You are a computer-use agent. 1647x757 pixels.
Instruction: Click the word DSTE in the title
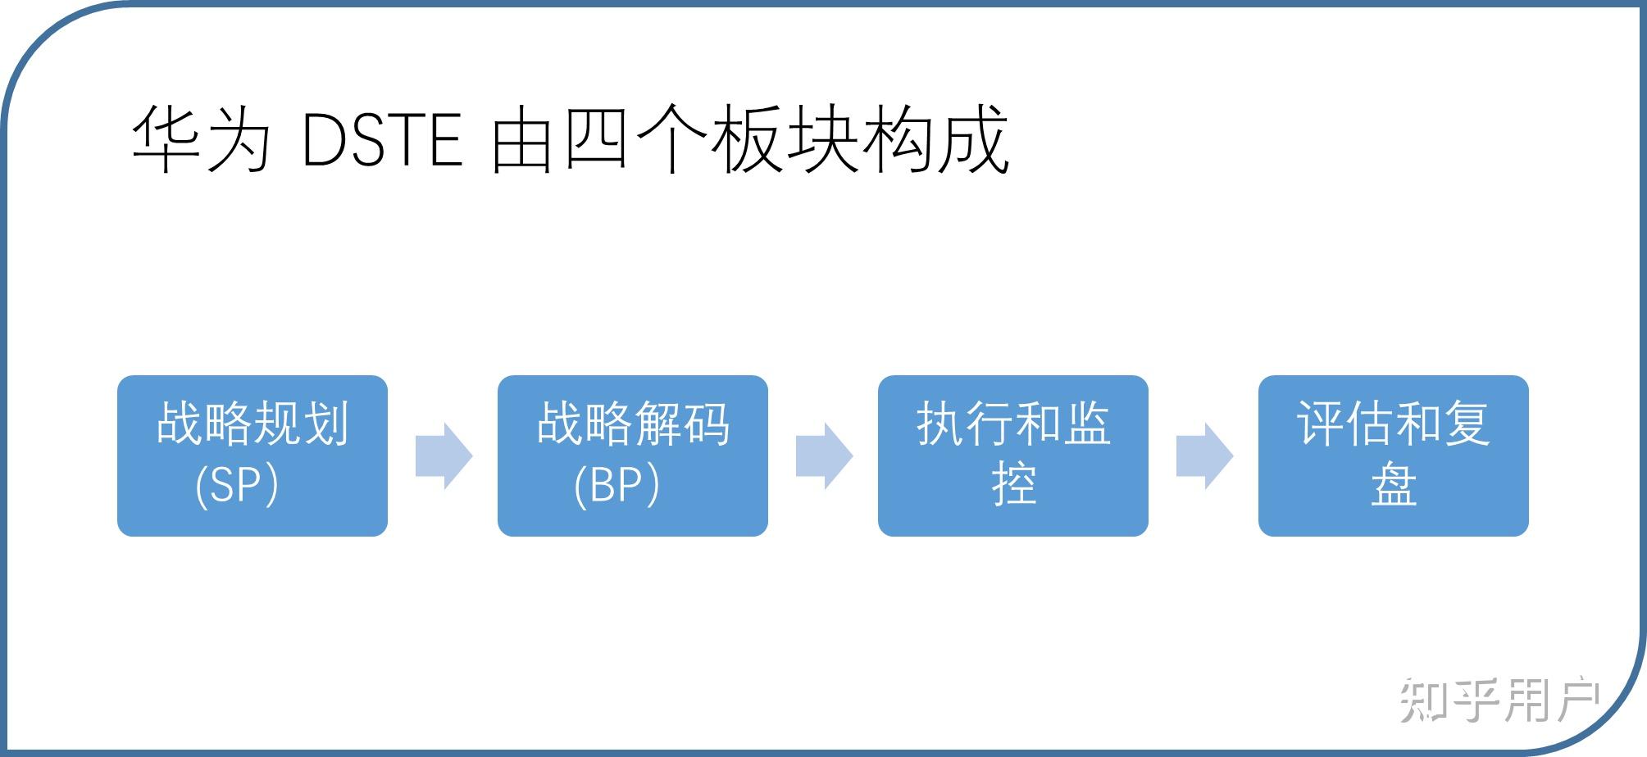tap(382, 140)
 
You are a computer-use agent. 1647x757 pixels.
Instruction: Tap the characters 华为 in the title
tap(201, 138)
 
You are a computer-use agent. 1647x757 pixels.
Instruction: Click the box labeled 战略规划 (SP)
tap(253, 456)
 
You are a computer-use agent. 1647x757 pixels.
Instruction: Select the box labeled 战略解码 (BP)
tap(633, 456)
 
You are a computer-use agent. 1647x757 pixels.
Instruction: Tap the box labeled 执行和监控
tap(1013, 456)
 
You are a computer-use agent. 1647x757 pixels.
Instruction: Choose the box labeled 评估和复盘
tap(1394, 456)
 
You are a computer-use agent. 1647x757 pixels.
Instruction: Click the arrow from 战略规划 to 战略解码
tap(444, 456)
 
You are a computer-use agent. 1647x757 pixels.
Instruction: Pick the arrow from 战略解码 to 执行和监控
tap(824, 456)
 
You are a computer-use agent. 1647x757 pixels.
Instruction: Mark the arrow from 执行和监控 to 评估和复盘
tap(1204, 456)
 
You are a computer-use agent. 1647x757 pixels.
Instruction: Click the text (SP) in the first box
tap(237, 485)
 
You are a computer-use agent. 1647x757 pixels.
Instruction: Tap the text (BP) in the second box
tap(616, 485)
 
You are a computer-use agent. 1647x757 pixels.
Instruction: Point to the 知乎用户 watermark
tap(1499, 700)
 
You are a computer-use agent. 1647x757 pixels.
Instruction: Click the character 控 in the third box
tap(1014, 484)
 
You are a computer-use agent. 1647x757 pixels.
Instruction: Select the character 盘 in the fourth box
tap(1394, 484)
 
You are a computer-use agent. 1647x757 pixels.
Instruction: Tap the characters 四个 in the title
tap(636, 138)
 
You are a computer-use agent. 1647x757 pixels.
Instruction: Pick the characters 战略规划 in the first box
tap(253, 424)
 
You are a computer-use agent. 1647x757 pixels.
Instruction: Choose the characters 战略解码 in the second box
tap(633, 424)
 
